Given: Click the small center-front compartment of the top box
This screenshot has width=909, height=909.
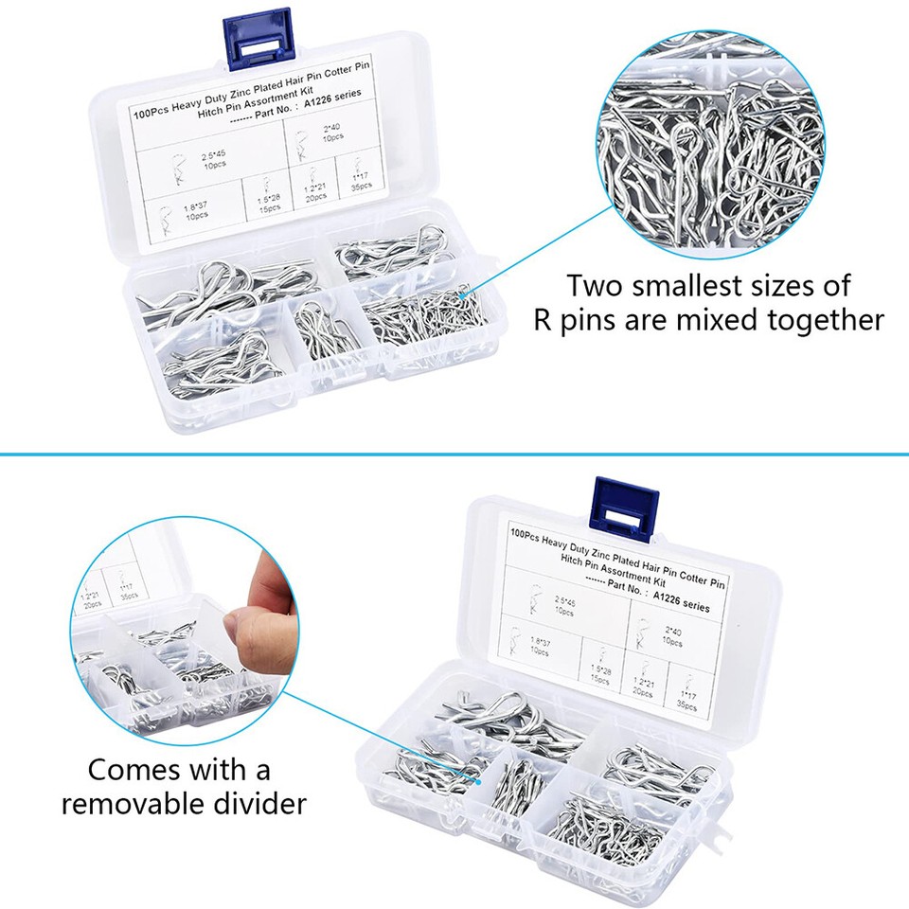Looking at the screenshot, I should (323, 336).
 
